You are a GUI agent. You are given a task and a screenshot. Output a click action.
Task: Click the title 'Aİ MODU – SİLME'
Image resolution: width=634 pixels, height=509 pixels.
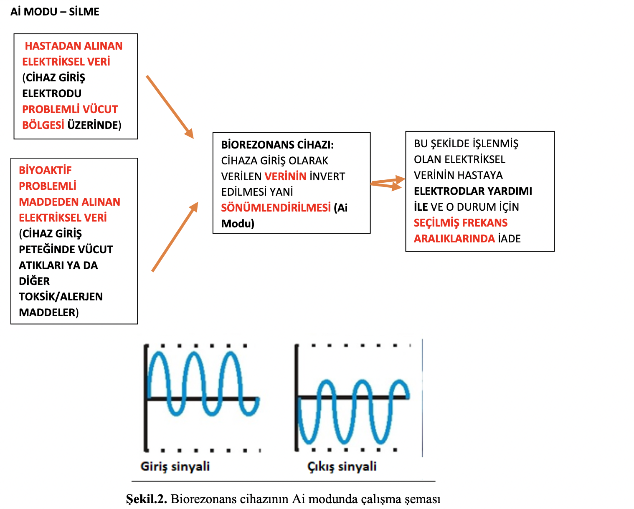pos(55,12)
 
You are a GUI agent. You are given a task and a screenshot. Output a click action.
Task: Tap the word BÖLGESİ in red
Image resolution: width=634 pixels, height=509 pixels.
pos(43,125)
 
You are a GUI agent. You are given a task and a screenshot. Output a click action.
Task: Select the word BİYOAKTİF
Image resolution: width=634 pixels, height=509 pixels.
pos(45,170)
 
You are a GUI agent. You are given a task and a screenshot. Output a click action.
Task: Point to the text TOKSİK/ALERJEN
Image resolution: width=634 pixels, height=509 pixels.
pos(61,297)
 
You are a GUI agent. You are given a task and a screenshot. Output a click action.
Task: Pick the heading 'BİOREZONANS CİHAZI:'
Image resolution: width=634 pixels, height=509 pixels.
pos(277,145)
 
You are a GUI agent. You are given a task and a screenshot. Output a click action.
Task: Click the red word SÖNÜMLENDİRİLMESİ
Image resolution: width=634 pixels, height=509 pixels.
pos(276,208)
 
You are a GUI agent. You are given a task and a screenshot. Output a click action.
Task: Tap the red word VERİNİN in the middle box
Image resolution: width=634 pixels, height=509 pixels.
pos(286,176)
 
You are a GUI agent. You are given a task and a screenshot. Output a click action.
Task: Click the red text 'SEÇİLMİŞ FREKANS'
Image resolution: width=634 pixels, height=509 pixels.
pos(461,223)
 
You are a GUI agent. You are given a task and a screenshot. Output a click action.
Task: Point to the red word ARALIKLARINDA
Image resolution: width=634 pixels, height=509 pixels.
pos(454,239)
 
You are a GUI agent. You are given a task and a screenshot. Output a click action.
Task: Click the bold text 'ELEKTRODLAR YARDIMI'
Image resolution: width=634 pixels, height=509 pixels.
pos(473,191)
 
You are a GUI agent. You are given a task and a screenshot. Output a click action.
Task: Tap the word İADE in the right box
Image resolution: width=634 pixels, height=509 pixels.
pos(510,239)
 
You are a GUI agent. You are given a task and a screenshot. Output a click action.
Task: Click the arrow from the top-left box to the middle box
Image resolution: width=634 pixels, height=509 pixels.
pos(170,107)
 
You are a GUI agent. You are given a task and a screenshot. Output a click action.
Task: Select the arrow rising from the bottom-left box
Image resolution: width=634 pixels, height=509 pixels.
pos(175,237)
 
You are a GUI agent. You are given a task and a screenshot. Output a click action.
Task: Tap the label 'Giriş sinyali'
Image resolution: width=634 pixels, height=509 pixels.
pos(175,466)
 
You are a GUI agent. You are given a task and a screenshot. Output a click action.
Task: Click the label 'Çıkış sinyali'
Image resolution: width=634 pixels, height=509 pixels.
pos(342,466)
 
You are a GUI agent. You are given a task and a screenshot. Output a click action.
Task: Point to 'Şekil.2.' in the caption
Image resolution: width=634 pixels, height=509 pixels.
pos(147,499)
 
